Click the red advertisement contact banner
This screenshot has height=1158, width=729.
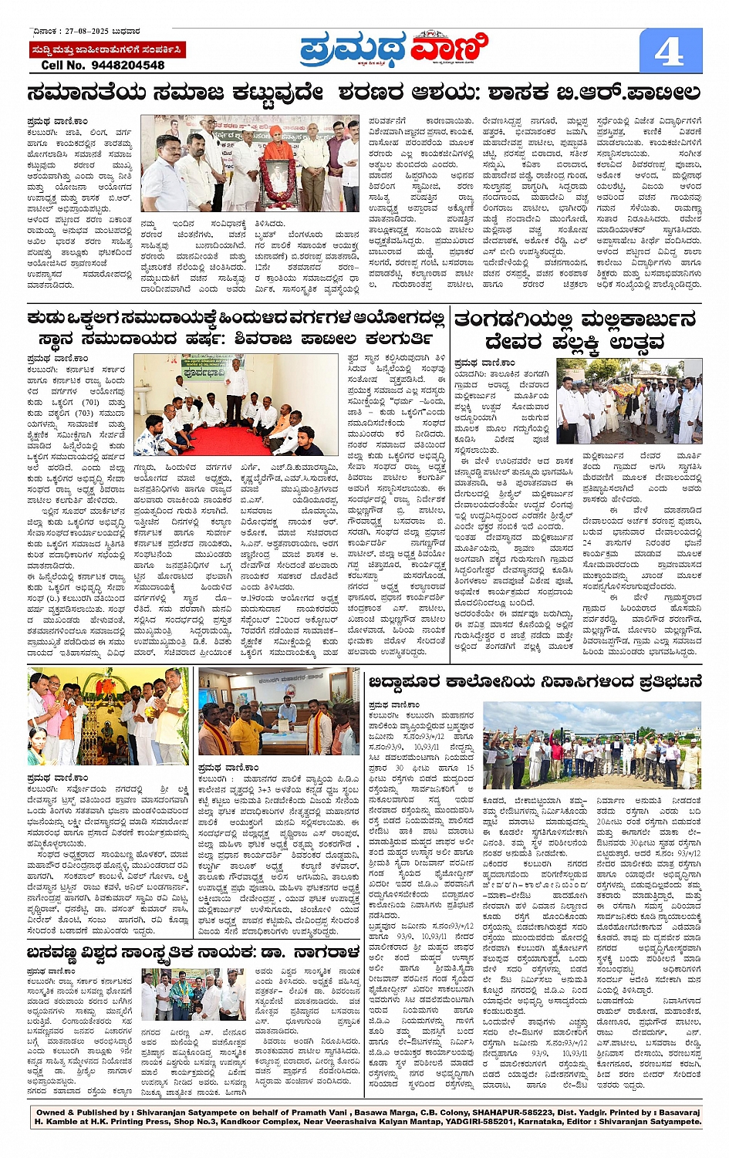tap(106, 49)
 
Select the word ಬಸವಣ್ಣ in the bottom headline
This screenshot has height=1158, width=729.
tap(60, 952)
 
